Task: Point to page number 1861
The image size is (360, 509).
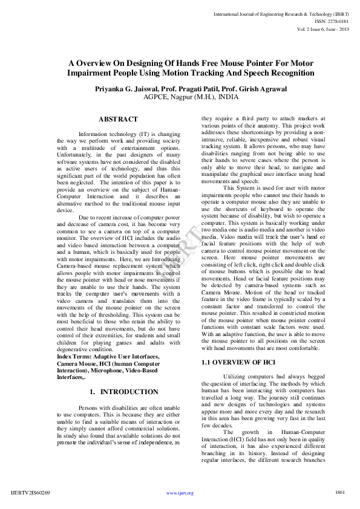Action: coord(339,493)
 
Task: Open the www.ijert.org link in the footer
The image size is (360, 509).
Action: coord(180,493)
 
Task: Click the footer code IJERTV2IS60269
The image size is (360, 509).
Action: coord(30,493)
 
